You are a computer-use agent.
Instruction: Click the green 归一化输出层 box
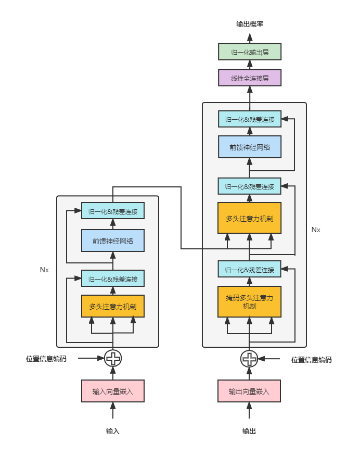click(250, 52)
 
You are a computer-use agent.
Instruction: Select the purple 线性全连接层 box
click(250, 78)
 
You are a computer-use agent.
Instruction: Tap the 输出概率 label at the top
click(250, 24)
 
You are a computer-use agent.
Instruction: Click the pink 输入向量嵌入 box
click(113, 391)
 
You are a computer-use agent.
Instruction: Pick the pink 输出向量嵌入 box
click(249, 391)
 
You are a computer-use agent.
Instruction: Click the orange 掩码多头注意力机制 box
click(249, 301)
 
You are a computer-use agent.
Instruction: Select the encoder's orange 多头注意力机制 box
click(113, 306)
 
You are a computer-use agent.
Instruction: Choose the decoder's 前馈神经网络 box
click(250, 147)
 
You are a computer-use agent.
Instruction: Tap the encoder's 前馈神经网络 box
click(113, 241)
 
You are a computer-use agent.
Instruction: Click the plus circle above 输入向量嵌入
click(113, 358)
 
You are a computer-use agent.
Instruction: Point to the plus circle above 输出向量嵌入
click(249, 358)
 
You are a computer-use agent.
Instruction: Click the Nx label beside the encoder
click(44, 270)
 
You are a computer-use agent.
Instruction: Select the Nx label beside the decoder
click(316, 229)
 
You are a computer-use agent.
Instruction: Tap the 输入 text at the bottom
click(113, 431)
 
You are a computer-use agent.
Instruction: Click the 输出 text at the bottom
click(249, 431)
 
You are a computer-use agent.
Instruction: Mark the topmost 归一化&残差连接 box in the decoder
click(250, 119)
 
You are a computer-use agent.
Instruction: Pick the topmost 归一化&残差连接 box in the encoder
click(113, 211)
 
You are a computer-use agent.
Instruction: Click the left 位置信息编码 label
click(46, 359)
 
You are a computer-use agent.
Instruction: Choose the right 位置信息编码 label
click(311, 359)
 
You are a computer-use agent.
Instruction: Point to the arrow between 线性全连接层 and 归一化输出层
click(250, 65)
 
